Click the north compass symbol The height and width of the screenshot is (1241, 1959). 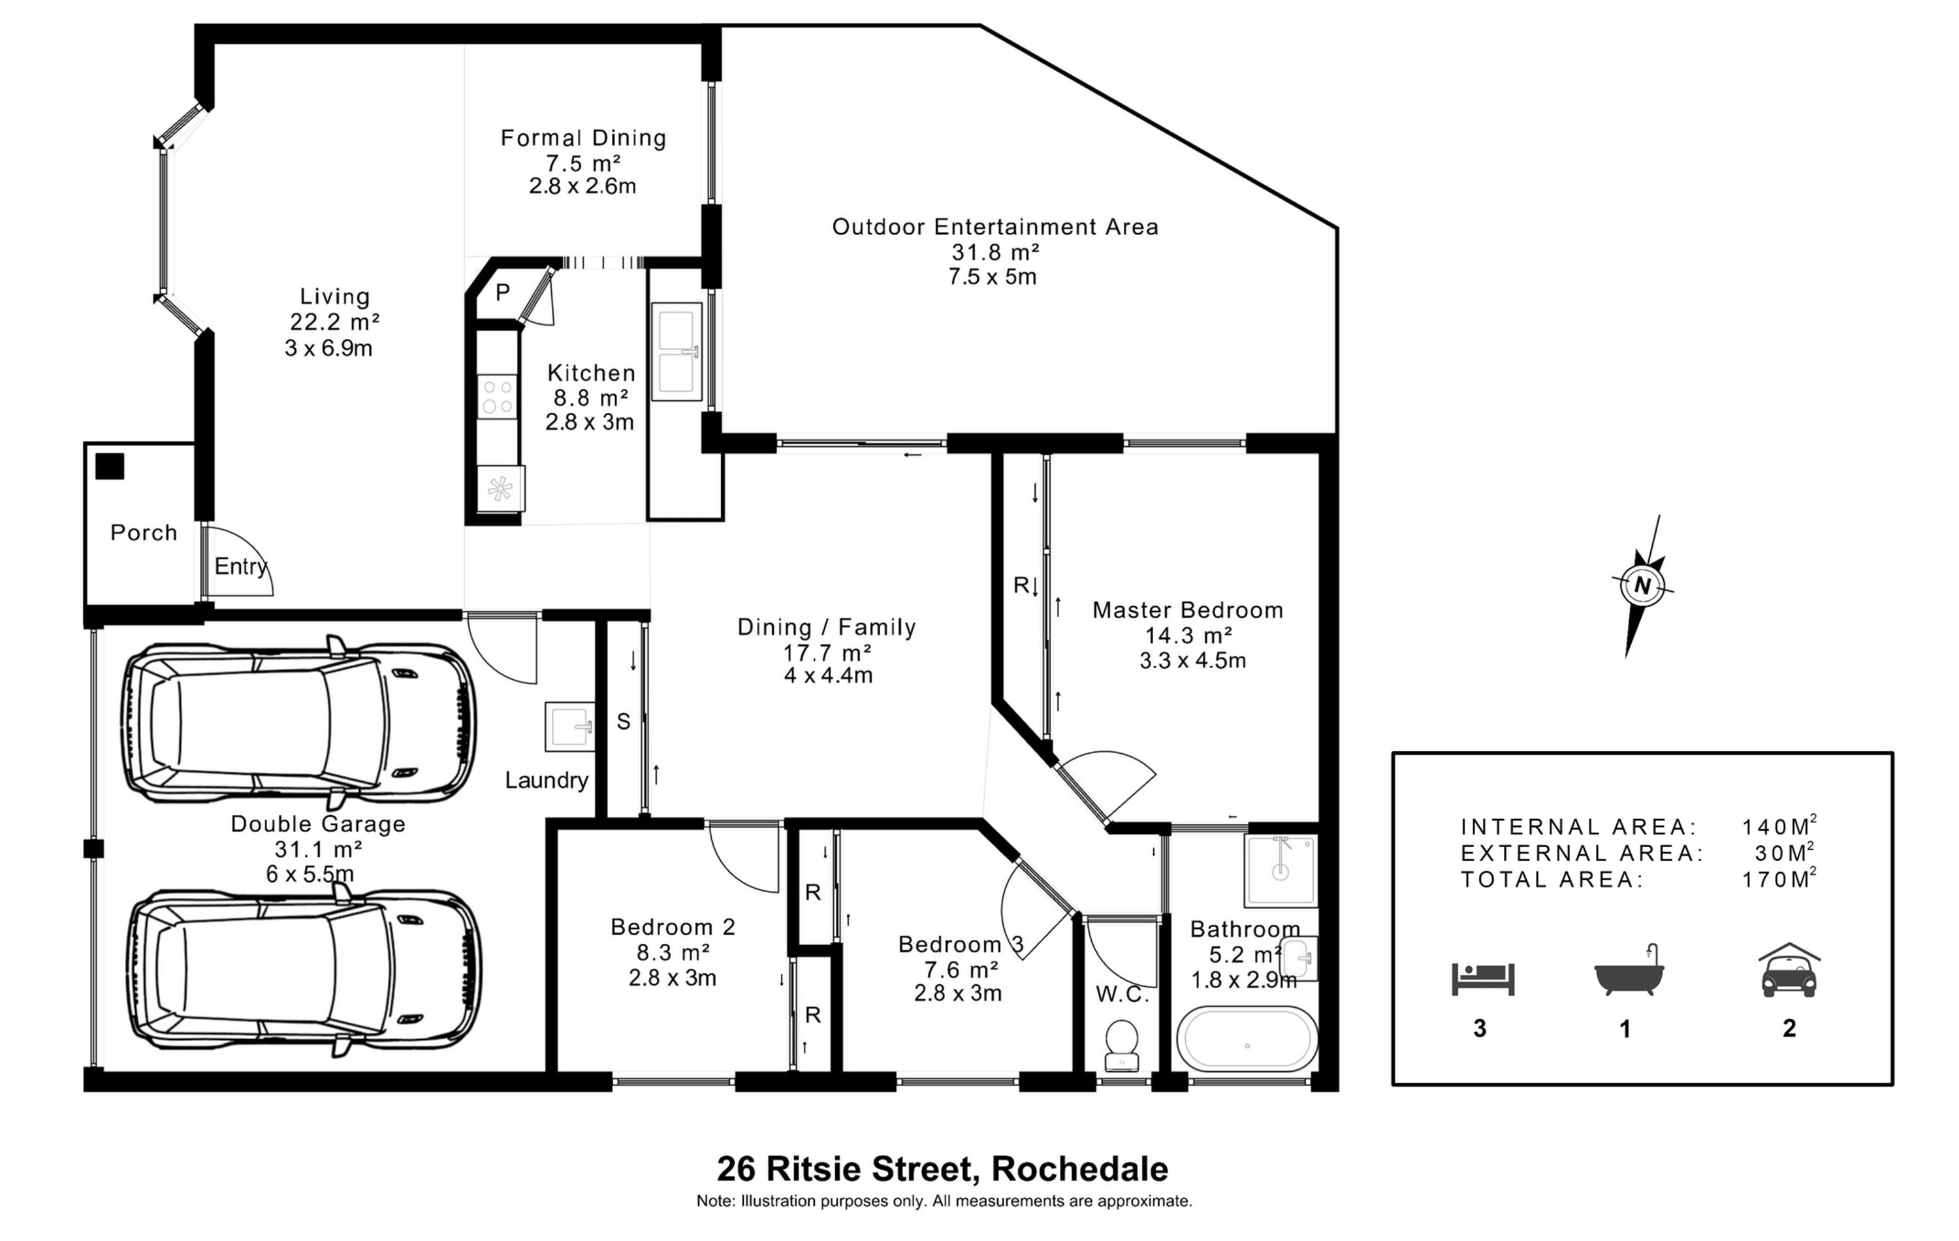[1642, 585]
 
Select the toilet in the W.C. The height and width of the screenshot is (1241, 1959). [1122, 1044]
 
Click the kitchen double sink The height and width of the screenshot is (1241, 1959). [676, 351]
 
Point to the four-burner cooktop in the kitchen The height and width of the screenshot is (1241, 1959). [496, 396]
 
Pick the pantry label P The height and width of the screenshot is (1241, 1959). [503, 292]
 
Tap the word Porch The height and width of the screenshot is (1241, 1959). [144, 533]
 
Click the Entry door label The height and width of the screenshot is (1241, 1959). [241, 566]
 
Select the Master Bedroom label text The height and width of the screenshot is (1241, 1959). [1187, 609]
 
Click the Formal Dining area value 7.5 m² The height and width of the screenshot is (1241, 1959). [583, 163]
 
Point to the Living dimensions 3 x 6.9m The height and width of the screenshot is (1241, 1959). [328, 348]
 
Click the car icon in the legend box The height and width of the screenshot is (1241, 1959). [1789, 971]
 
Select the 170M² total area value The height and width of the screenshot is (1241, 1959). [1779, 879]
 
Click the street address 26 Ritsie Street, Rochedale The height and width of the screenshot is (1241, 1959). [942, 1169]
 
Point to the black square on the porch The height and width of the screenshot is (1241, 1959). [110, 466]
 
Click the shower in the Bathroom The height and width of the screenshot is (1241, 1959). [1281, 870]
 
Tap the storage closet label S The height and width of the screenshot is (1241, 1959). [623, 721]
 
